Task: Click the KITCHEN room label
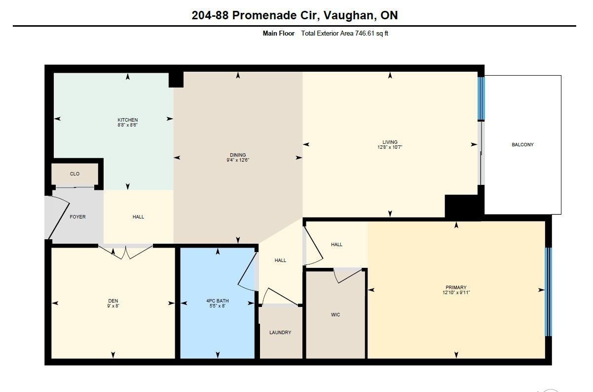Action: tap(128, 120)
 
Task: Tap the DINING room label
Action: tap(238, 155)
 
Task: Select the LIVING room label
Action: tap(390, 142)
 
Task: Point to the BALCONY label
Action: tap(522, 144)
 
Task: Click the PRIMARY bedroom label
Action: tap(456, 288)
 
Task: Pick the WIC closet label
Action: tap(335, 314)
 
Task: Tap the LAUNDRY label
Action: tap(280, 332)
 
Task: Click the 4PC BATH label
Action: tap(218, 301)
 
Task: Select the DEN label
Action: tap(113, 301)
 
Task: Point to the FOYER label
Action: tap(77, 217)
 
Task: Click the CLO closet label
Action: tap(74, 174)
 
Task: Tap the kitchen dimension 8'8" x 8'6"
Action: tap(128, 125)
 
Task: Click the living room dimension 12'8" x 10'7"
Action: tap(390, 147)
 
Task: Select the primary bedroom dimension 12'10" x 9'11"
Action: tap(456, 293)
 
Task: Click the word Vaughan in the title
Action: tap(348, 16)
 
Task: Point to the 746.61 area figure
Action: tap(365, 34)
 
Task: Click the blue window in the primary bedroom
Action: tap(548, 292)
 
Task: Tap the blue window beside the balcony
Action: tap(481, 98)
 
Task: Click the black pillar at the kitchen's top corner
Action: tap(176, 80)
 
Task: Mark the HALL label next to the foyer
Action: tap(138, 217)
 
